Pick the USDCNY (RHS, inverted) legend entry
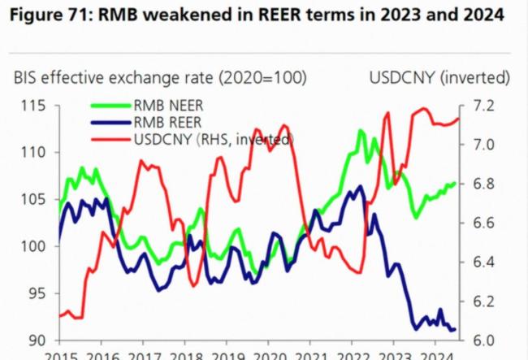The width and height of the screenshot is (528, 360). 212,139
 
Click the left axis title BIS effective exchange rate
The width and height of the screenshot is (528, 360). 160,78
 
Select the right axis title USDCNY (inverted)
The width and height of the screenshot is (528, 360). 439,78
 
